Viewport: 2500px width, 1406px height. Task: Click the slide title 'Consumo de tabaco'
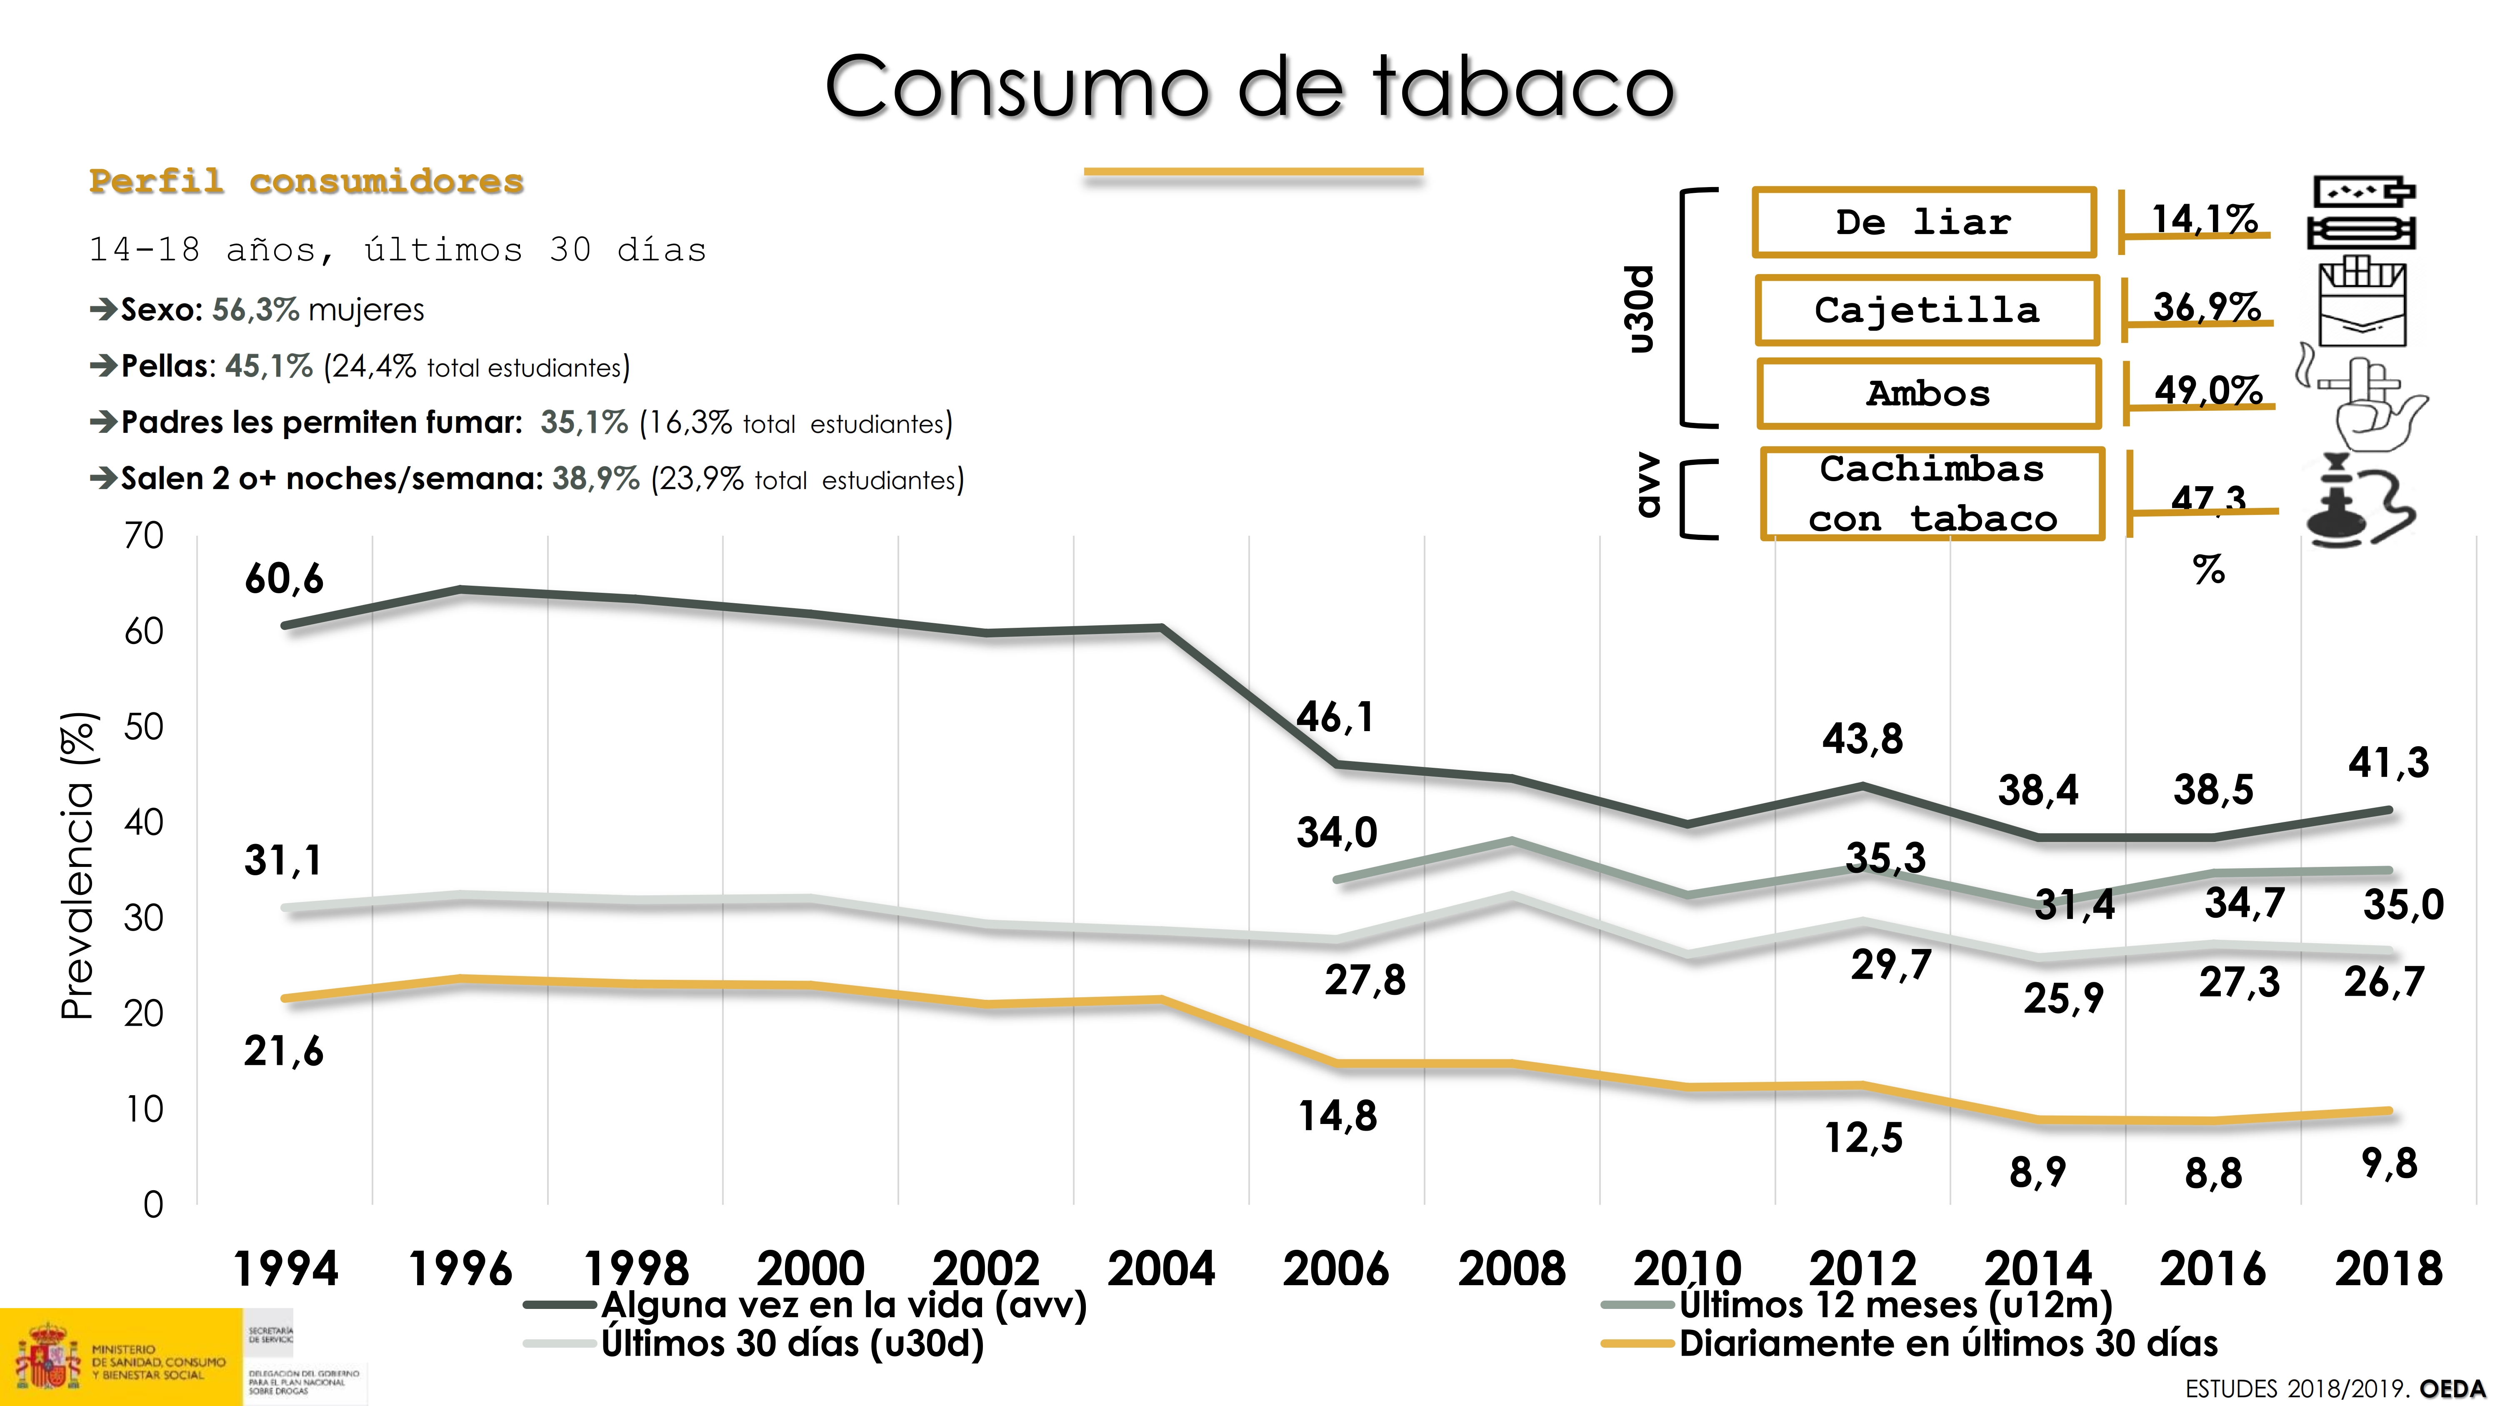1250,87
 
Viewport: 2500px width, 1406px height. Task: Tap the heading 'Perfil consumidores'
307,182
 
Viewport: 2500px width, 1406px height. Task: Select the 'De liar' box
1923,222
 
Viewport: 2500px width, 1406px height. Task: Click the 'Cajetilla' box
1926,310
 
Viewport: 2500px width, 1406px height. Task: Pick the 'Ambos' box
1928,393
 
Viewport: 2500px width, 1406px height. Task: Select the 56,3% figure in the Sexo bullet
255,310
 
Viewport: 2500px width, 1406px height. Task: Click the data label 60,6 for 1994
283,579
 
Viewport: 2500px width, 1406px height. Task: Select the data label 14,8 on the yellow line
1337,1116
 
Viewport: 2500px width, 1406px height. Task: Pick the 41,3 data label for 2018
2388,763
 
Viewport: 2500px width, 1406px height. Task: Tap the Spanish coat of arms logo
45,1356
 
